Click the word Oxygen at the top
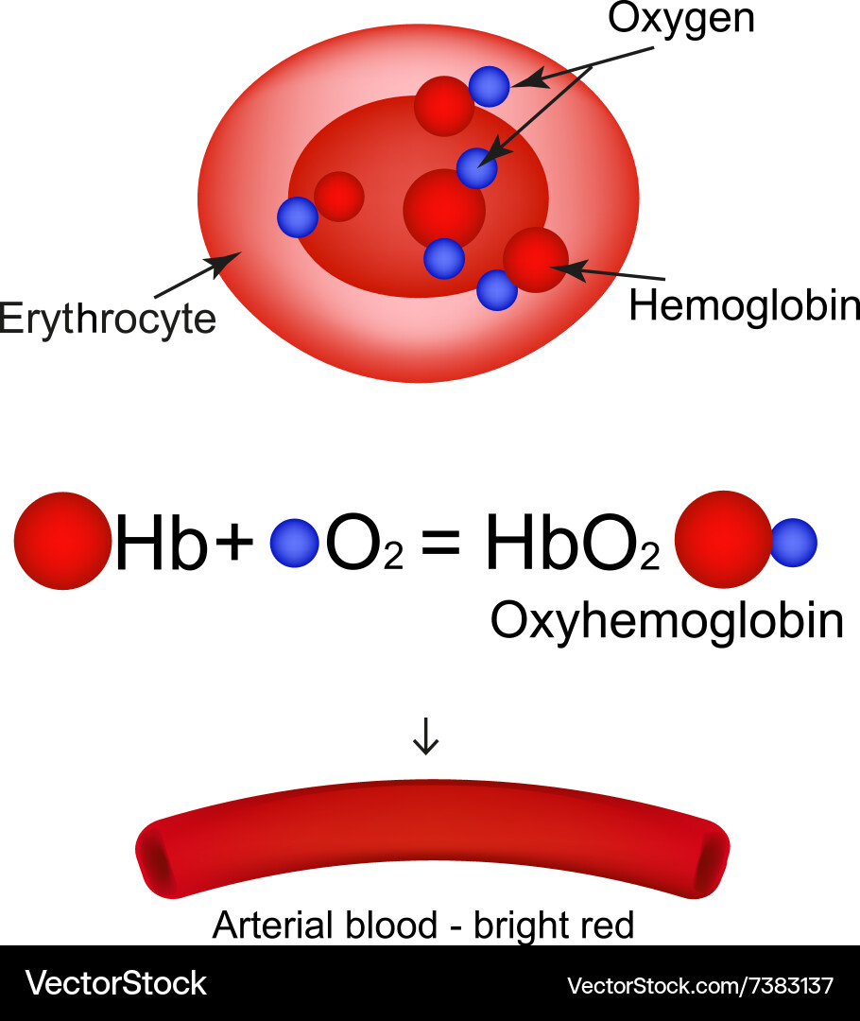(680, 18)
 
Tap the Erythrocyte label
(108, 319)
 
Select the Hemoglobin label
(745, 305)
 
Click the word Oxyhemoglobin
(667, 621)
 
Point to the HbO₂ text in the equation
(571, 546)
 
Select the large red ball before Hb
(62, 541)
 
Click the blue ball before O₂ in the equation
(294, 543)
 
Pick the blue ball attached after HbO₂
(793, 543)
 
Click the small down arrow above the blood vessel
(426, 736)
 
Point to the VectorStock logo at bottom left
(115, 983)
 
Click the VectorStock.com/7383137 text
(700, 986)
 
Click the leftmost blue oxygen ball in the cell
(298, 216)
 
